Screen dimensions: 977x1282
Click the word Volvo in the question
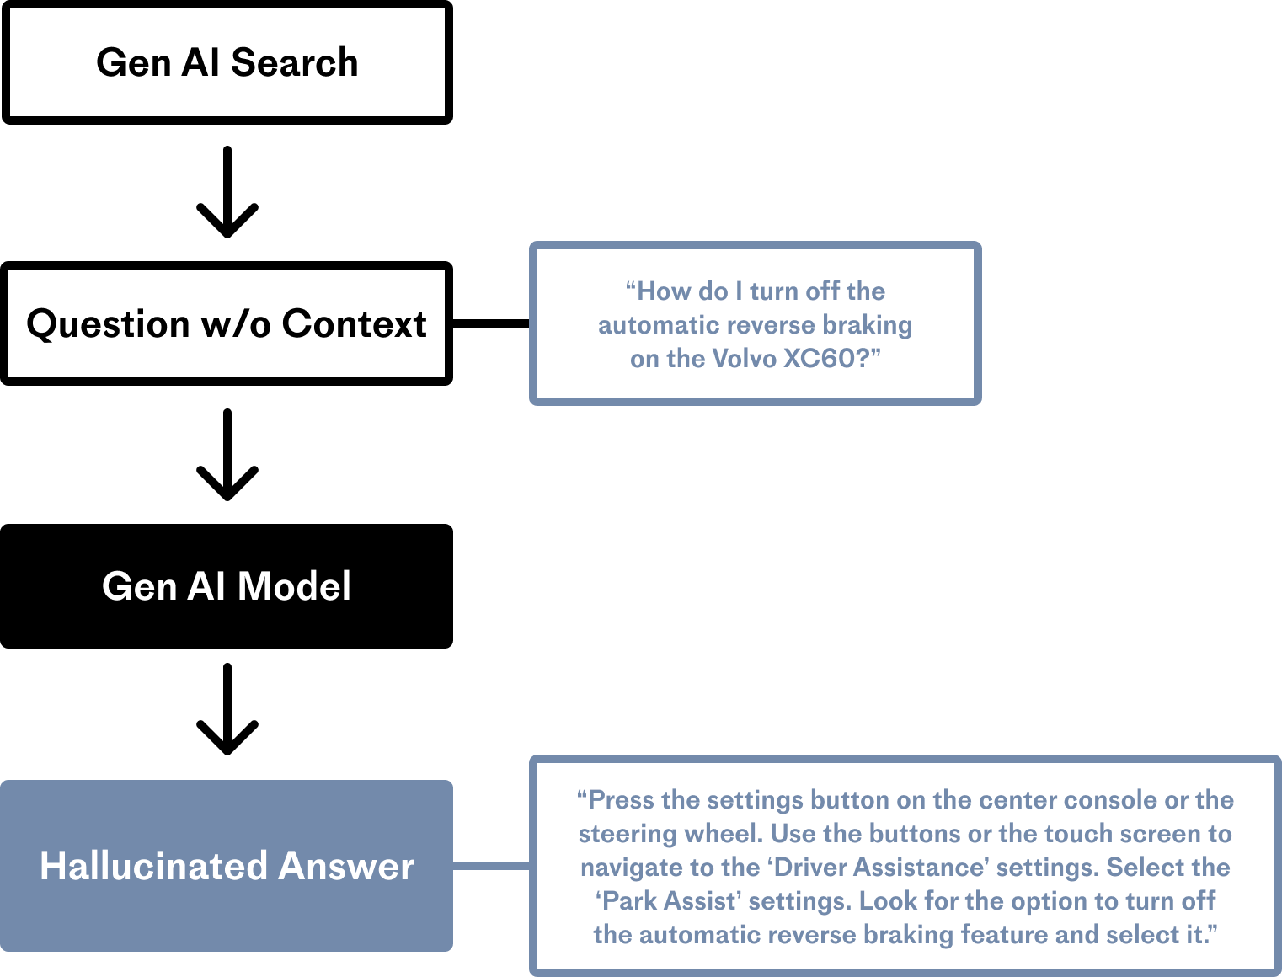[744, 359]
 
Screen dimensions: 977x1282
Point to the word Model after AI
[294, 586]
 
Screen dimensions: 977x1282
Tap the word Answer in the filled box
[346, 867]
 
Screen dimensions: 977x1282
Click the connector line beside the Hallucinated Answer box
[491, 866]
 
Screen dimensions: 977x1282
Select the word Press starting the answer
[622, 800]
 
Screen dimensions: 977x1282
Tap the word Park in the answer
[630, 901]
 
